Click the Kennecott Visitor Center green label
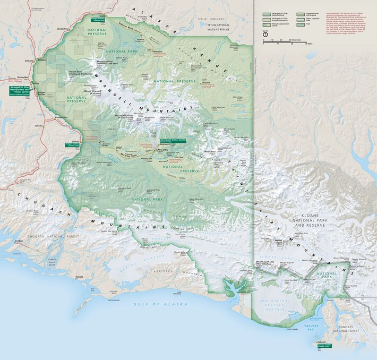coord(173,141)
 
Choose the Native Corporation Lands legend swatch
coord(267,24)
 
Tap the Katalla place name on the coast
coord(80,277)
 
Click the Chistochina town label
coord(62,29)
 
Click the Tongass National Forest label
coord(345,329)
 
